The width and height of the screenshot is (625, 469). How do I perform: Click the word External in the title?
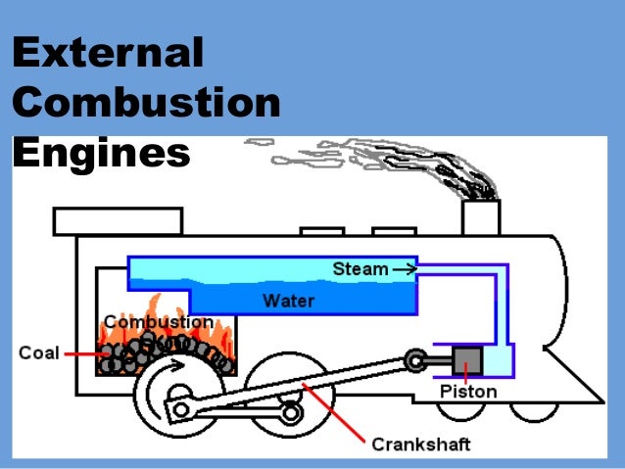pyautogui.click(x=109, y=54)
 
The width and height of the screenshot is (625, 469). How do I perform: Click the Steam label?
pyautogui.click(x=359, y=267)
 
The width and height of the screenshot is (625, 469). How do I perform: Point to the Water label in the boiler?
pyautogui.click(x=288, y=300)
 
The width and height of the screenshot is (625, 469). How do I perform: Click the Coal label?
pyautogui.click(x=38, y=352)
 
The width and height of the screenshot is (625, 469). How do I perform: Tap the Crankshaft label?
pyautogui.click(x=420, y=445)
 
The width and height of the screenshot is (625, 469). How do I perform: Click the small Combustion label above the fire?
pyautogui.click(x=158, y=322)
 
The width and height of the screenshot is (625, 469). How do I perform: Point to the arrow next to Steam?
pyautogui.click(x=403, y=267)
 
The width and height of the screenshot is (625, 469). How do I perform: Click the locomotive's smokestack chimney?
pyautogui.click(x=481, y=216)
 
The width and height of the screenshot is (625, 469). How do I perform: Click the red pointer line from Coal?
pyautogui.click(x=79, y=353)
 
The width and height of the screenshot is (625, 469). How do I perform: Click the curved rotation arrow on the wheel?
pyautogui.click(x=170, y=370)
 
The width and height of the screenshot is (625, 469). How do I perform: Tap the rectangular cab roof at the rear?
pyautogui.click(x=118, y=221)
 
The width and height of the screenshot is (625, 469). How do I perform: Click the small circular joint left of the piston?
pyautogui.click(x=418, y=362)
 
